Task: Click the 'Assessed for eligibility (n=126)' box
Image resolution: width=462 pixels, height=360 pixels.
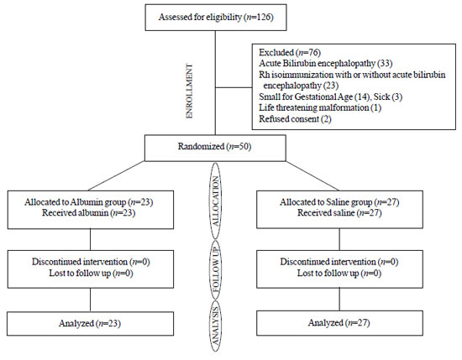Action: pos(216,18)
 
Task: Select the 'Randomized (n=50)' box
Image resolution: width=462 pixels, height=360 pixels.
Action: pos(215,148)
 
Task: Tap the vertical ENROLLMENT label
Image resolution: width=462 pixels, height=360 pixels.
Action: pos(190,91)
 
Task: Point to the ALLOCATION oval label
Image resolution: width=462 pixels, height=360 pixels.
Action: pos(216,201)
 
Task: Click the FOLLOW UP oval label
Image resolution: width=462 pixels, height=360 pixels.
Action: pos(216,269)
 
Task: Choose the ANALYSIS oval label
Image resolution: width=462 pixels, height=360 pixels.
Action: pos(216,326)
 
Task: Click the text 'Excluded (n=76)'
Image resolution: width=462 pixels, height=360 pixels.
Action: pos(290,52)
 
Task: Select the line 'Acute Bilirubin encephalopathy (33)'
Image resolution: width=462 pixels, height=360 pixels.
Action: pos(326,63)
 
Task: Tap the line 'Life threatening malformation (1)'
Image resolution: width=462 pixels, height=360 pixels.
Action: pos(320,107)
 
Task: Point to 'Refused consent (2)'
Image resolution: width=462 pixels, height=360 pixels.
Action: pos(295,119)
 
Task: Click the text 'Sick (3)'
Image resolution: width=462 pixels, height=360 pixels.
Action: pos(388,97)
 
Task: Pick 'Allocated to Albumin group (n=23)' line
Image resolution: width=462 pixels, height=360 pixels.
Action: pos(89,202)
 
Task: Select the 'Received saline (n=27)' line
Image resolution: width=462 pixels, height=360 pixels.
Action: pos(339,213)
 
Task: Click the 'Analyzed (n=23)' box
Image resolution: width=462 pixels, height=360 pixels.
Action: pos(91,324)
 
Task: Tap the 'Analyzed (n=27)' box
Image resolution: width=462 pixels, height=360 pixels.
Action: pos(339,323)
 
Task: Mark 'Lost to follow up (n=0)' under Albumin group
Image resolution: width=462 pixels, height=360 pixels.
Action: pos(91,274)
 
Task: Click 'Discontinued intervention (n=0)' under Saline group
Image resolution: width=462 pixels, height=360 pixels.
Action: pos(339,262)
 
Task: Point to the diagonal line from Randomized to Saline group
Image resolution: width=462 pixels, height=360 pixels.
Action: pos(312,175)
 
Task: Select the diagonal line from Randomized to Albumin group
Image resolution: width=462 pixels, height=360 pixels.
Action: pos(116,175)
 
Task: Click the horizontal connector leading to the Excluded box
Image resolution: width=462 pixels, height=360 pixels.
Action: pos(234,87)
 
